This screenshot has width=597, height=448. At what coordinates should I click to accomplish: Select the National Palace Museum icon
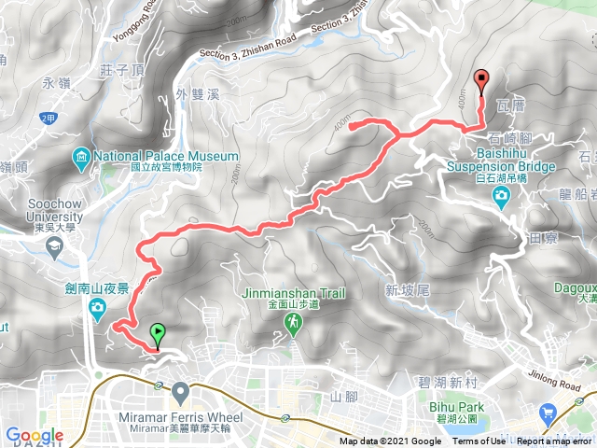coord(82,155)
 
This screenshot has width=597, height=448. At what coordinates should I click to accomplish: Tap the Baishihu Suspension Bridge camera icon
coord(502,195)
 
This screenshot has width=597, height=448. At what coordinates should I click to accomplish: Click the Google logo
coord(34,436)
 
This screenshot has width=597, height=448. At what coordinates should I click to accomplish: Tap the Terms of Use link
coord(479,441)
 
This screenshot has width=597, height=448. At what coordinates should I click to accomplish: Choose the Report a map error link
coord(554,441)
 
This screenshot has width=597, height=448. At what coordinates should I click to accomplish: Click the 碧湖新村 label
coord(443,384)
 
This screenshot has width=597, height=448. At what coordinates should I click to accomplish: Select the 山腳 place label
coord(344,397)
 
